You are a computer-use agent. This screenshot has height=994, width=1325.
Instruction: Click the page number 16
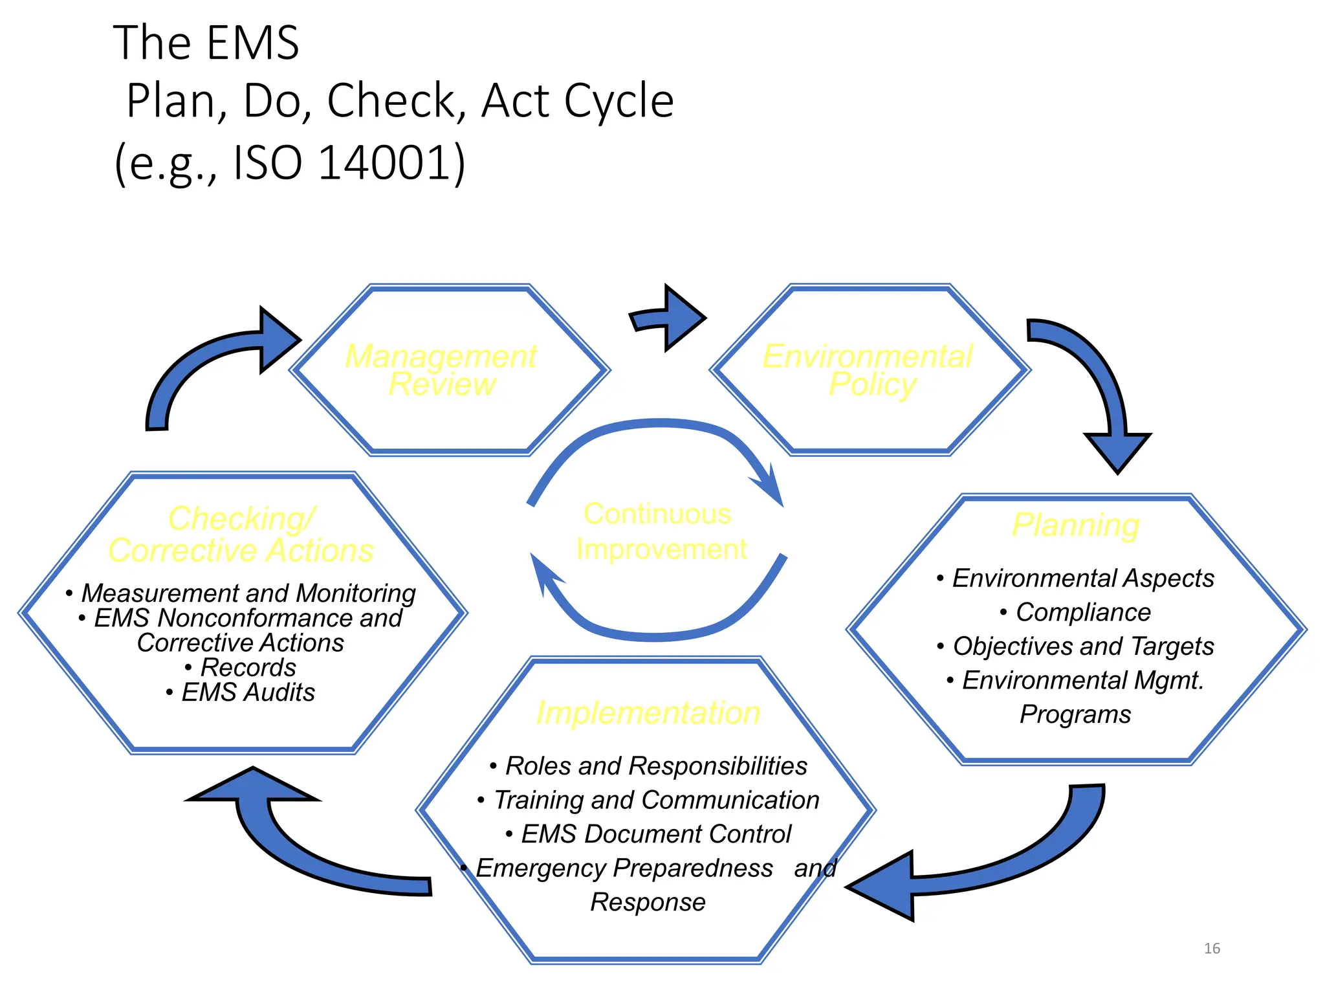(1212, 948)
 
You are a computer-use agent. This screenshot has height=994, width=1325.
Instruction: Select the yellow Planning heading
(1076, 525)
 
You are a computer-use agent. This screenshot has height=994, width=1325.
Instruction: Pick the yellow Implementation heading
(648, 712)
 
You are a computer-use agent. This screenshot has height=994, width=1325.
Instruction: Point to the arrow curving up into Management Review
(207, 362)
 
